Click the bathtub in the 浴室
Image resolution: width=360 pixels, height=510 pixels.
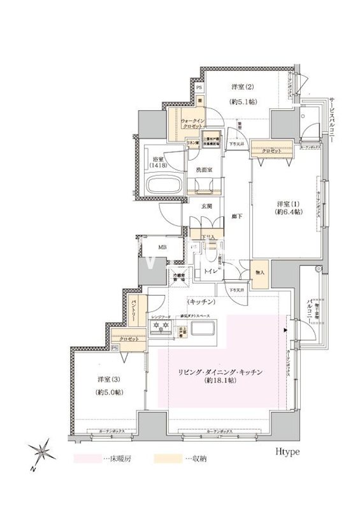(164, 187)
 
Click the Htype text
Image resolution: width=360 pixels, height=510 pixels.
(289, 451)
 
